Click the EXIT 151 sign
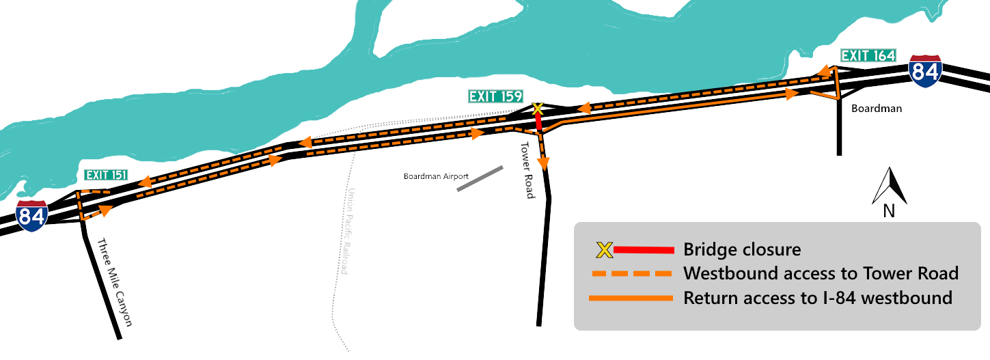106,176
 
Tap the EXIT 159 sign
495,96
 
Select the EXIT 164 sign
868,56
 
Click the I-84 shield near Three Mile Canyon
32,216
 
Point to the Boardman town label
877,109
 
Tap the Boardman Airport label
436,176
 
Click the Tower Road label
526,171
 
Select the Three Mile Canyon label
113,283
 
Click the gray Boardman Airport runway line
480,178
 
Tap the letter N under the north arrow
889,211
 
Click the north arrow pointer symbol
890,186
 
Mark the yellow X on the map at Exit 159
537,109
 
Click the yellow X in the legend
604,250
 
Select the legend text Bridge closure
741,250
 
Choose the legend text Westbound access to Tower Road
821,274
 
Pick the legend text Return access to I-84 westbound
817,298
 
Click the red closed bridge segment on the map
538,122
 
